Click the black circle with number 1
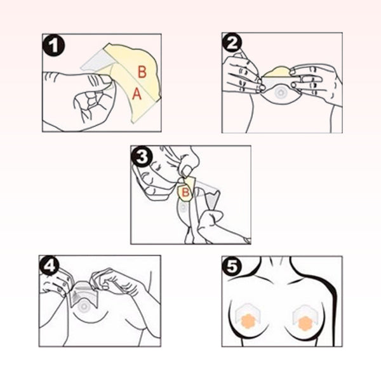[54, 46]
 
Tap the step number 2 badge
[232, 43]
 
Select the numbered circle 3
[142, 156]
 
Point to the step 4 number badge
[50, 266]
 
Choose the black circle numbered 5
[232, 267]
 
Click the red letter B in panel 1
[142, 72]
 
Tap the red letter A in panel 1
[137, 94]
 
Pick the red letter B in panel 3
[185, 192]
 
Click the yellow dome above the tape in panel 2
[277, 72]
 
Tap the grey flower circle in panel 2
[280, 93]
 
